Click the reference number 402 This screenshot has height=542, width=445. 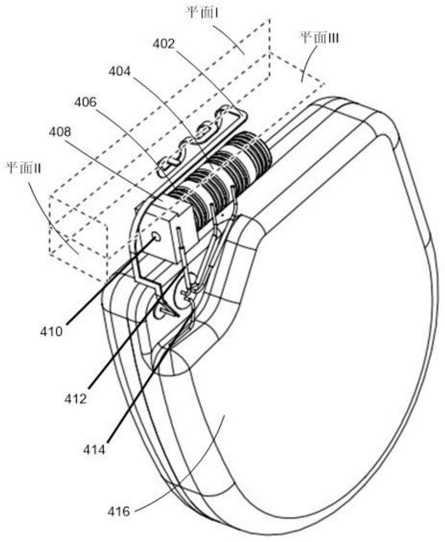click(164, 44)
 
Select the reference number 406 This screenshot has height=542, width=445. click(86, 102)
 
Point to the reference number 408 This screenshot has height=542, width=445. click(60, 132)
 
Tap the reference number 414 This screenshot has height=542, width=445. click(94, 449)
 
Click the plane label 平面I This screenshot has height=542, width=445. click(199, 13)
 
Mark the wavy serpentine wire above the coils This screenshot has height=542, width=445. click(195, 139)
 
